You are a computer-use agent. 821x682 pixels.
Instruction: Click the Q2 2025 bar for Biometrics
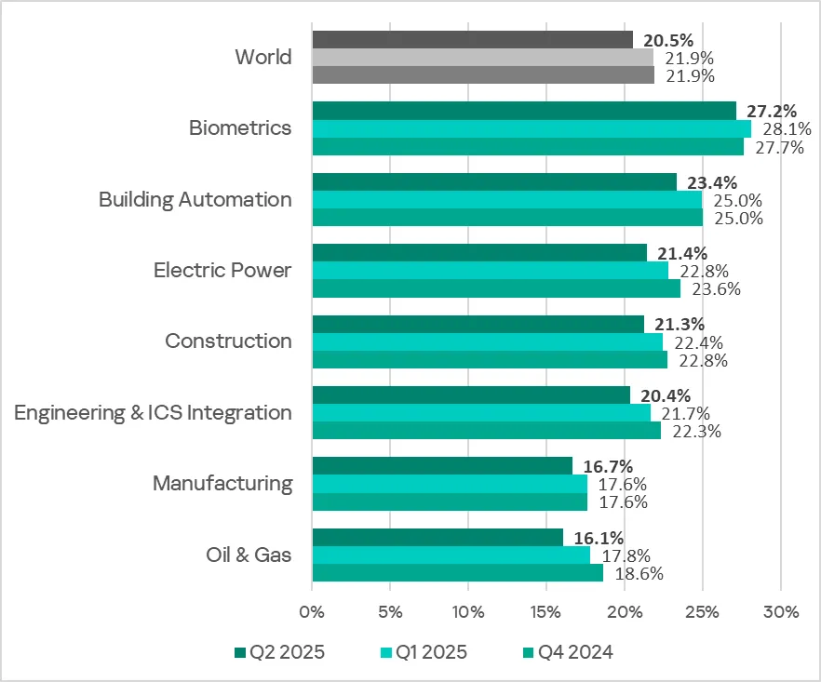[x=523, y=111]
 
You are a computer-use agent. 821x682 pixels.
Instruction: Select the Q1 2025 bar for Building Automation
[x=506, y=199]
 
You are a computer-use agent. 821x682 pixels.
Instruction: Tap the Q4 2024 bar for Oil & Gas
[x=457, y=573]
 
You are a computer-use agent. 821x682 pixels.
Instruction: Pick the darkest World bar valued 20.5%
[x=472, y=40]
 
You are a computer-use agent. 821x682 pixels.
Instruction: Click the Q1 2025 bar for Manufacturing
[x=450, y=484]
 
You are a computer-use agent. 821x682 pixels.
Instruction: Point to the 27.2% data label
[x=772, y=111]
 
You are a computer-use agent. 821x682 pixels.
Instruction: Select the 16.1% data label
[x=599, y=538]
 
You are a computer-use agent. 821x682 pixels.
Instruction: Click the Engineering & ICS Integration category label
[x=153, y=412]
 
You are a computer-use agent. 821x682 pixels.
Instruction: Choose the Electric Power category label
[x=222, y=271]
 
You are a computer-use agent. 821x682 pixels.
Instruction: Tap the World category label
[x=263, y=58]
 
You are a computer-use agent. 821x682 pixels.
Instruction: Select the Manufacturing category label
[x=222, y=484]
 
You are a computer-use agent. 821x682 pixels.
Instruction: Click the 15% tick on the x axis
[x=546, y=612]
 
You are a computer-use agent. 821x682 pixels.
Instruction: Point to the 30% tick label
[x=781, y=612]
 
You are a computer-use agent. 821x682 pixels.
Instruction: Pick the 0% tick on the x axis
[x=312, y=612]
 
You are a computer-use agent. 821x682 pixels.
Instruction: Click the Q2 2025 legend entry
[x=278, y=652]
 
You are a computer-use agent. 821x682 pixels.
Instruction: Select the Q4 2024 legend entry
[x=567, y=652]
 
